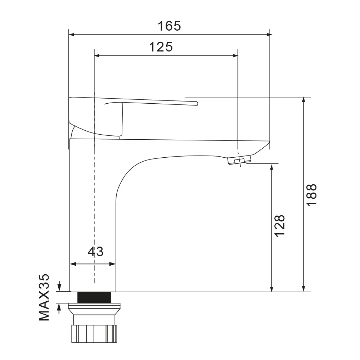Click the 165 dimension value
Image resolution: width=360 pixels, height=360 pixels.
[169, 26]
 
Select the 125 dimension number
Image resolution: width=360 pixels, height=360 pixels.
[161, 47]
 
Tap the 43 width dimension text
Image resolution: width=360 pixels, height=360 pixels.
[95, 251]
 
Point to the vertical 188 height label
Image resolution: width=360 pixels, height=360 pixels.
[311, 194]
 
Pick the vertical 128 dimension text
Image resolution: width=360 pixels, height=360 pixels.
[280, 226]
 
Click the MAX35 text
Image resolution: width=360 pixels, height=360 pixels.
[44, 297]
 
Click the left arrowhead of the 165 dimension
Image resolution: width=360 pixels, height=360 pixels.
[71, 35]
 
